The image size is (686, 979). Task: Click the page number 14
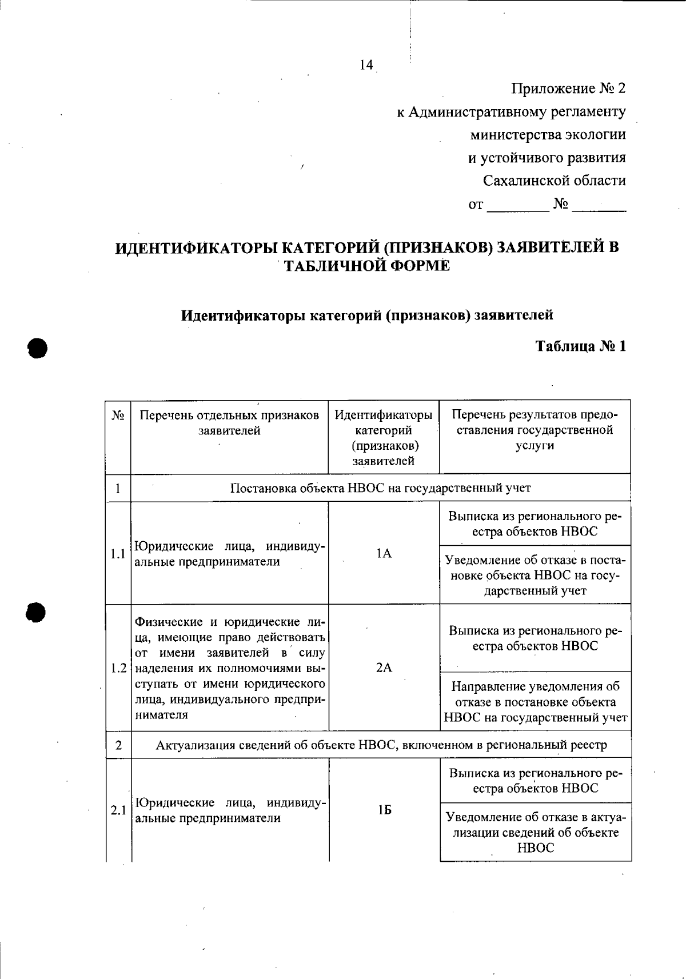pos(366,65)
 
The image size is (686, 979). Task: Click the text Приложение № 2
pos(568,89)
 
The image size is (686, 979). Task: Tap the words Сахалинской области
pos(554,181)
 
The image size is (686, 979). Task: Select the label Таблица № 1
pos(580,346)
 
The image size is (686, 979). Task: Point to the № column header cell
pos(118,415)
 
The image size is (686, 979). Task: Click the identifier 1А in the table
pos(384,553)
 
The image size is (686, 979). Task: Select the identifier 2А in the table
pos(384,668)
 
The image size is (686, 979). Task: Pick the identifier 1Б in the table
pos(384,810)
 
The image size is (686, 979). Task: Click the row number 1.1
pos(118,554)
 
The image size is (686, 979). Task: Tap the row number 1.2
pos(118,668)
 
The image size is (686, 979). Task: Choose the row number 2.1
pos(118,810)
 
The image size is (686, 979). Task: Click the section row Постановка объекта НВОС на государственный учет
pos(380,488)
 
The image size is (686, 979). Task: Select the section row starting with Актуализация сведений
pos(381,745)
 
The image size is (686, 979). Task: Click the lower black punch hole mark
pos(35,612)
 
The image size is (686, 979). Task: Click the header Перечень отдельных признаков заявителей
pos(229,423)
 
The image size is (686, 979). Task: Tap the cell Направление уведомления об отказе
pos(535,702)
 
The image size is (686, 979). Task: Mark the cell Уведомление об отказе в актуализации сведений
pos(536,832)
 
